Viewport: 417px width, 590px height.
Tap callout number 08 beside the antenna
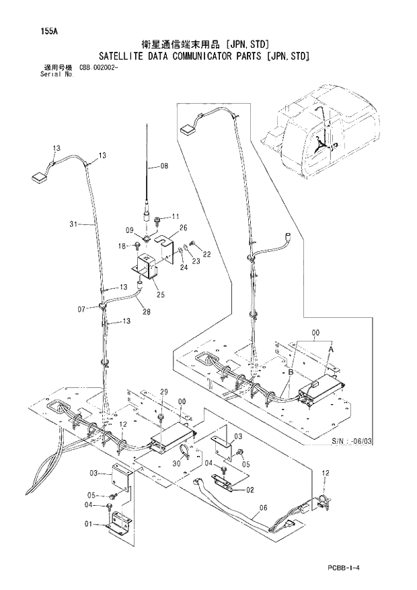164,166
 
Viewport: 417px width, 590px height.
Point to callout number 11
176,216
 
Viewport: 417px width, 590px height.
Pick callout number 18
122,247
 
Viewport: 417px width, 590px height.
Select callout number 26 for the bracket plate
183,228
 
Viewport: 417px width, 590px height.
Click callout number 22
207,254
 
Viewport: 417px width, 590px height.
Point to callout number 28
146,311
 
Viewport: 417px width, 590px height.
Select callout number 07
81,309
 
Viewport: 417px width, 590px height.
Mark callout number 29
163,392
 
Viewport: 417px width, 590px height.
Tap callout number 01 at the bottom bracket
88,524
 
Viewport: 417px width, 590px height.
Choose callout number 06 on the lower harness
263,508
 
